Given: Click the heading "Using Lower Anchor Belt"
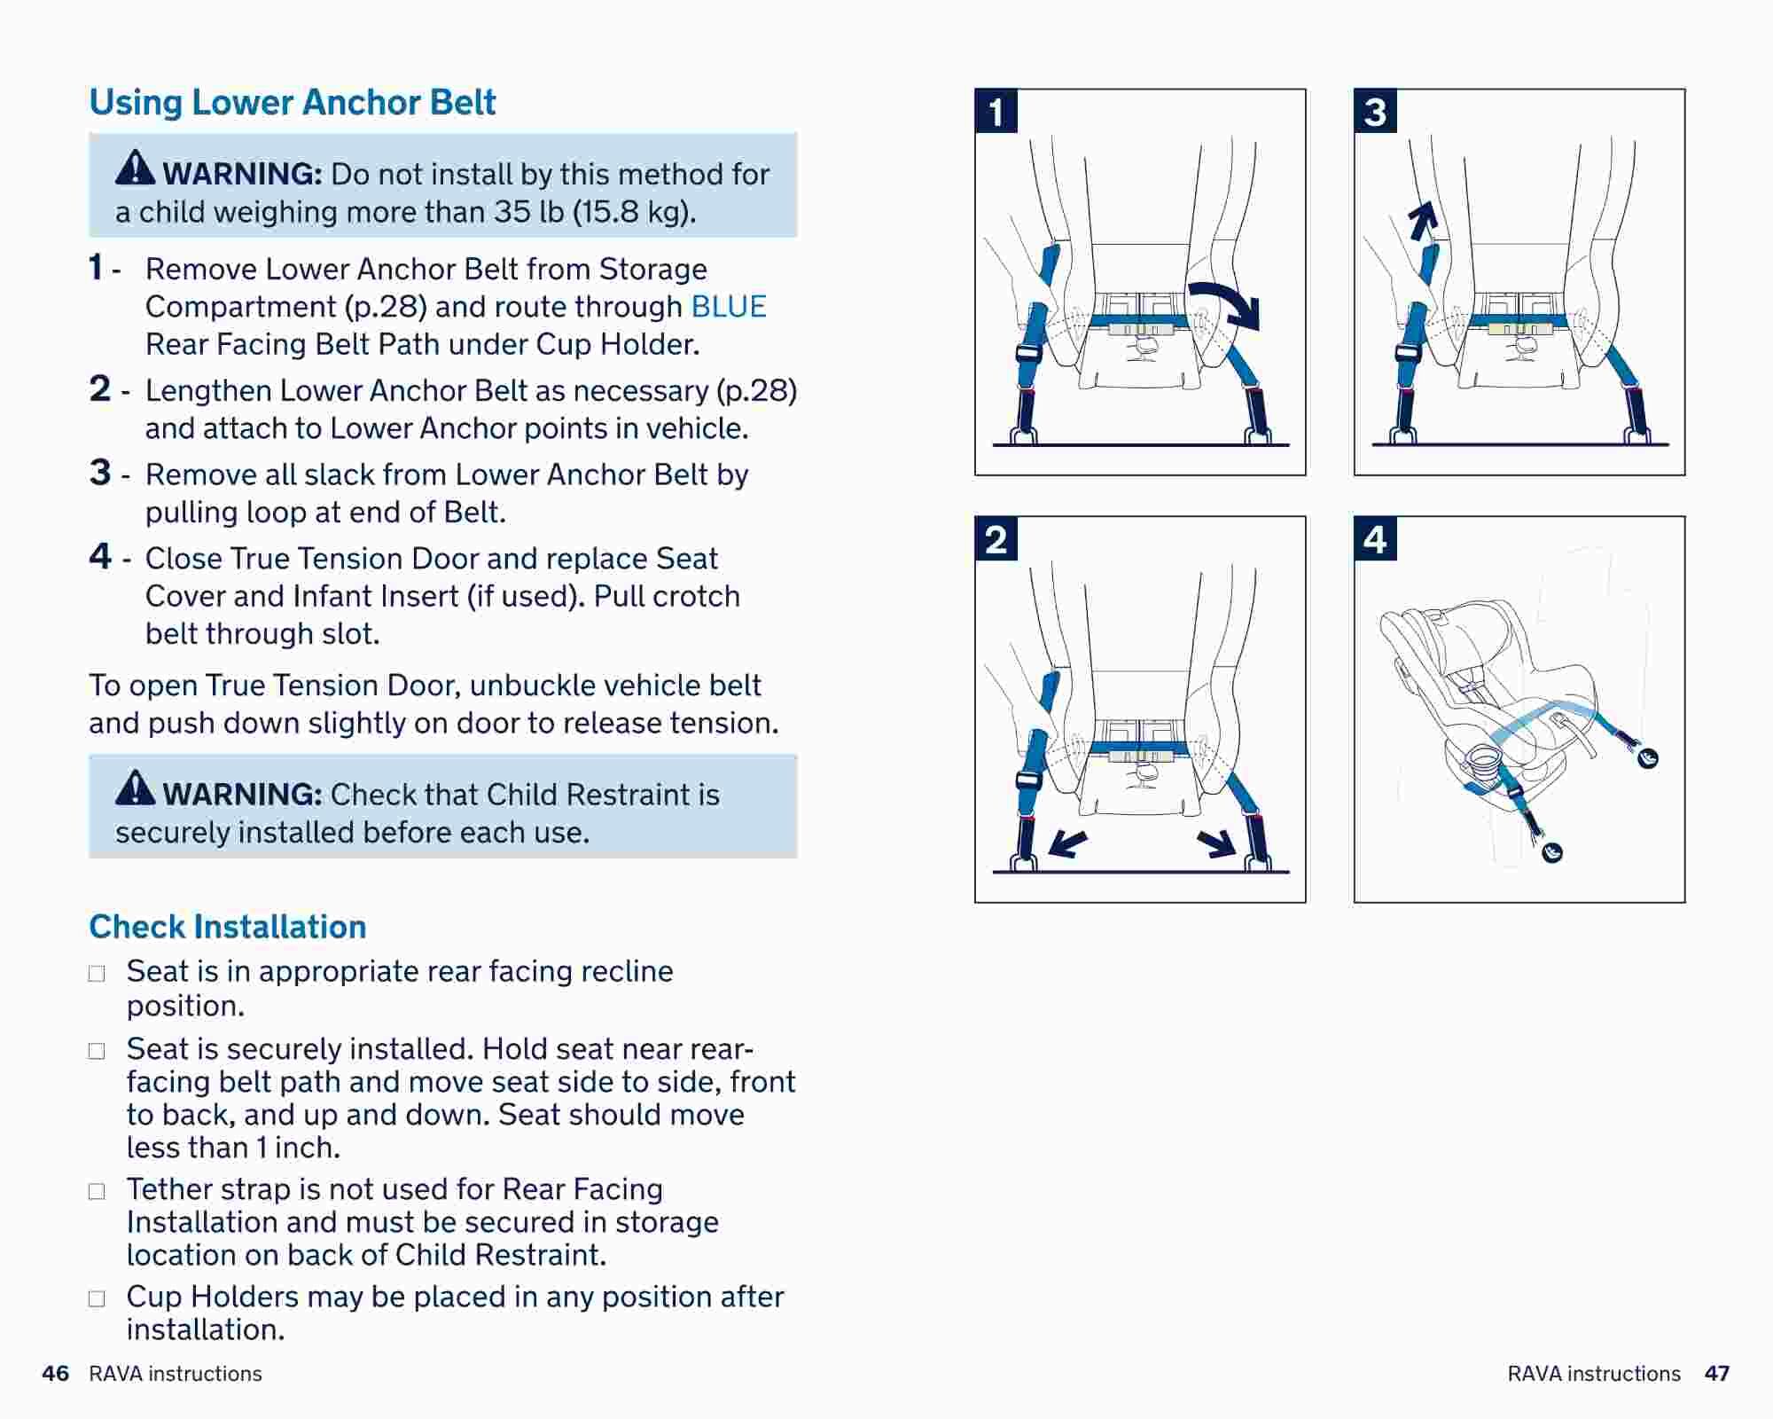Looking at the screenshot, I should pyautogui.click(x=292, y=103).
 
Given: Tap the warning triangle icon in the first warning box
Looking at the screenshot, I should pyautogui.click(x=135, y=168).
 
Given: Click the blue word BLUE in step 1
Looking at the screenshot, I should pyautogui.click(x=728, y=307).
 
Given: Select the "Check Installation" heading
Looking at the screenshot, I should pyautogui.click(x=227, y=927).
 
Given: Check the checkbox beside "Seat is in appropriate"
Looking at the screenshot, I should pyautogui.click(x=97, y=974).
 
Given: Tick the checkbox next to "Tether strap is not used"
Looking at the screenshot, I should pyautogui.click(x=97, y=1191).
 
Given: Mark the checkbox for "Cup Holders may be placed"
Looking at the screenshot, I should pyautogui.click(x=97, y=1299).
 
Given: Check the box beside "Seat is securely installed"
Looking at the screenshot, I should pyautogui.click(x=97, y=1051).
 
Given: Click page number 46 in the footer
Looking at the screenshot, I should pyautogui.click(x=55, y=1374).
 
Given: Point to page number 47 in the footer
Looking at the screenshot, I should pyautogui.click(x=1716, y=1374).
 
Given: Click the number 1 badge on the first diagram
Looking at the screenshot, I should pyautogui.click(x=996, y=112).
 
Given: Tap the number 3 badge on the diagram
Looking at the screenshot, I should pyautogui.click(x=1375, y=112).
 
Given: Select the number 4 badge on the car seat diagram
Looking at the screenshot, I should pyautogui.click(x=1375, y=539).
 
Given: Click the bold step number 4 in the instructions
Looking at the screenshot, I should pyautogui.click(x=100, y=557).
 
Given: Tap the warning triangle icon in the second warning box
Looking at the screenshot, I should pyautogui.click(x=135, y=788).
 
